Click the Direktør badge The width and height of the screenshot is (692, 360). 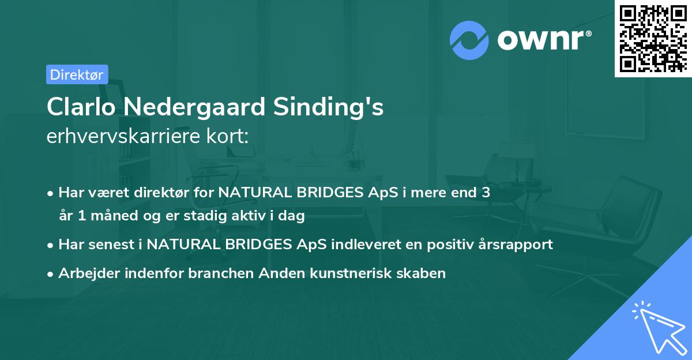(77, 74)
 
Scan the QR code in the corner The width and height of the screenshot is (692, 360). (653, 38)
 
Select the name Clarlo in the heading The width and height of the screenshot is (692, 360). (80, 107)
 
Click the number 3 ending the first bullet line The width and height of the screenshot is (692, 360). (486, 193)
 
